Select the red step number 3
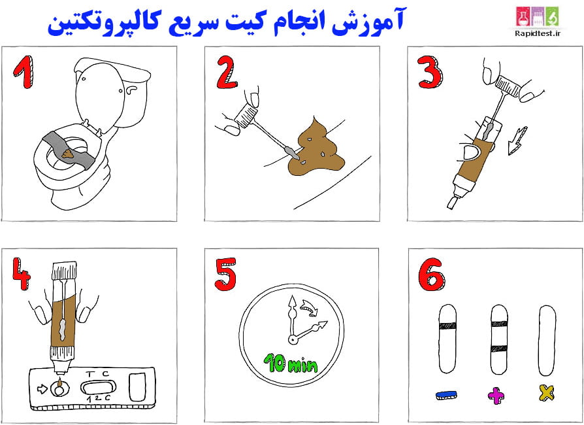[430, 71]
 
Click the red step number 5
[225, 274]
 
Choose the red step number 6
[432, 275]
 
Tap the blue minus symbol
[446, 394]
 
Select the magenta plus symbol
[497, 394]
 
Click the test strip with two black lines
[498, 337]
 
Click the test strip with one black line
[447, 337]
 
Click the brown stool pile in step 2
[316, 150]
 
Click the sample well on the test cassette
[59, 390]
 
